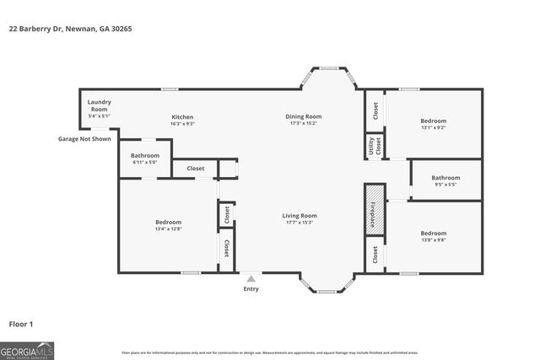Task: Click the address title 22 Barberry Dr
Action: point(70,29)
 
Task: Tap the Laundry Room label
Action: point(99,105)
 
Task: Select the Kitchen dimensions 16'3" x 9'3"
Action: point(183,124)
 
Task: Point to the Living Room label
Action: point(300,216)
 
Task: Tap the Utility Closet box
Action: point(374,146)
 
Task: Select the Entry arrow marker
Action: point(251,277)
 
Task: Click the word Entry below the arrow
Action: point(251,289)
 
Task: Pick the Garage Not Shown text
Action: point(84,138)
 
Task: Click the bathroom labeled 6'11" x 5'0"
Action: point(145,159)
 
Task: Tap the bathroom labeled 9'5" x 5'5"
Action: point(445,180)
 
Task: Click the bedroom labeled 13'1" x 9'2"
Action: point(433,124)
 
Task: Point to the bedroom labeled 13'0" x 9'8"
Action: point(433,236)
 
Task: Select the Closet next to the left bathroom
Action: point(196,169)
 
